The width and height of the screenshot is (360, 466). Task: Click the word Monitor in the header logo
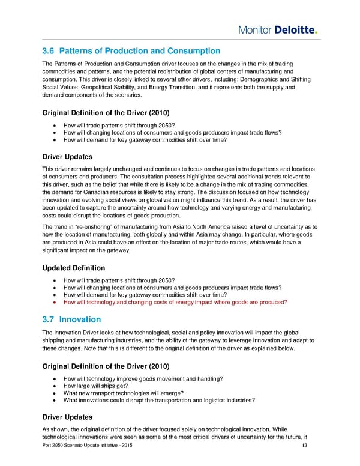pos(253,30)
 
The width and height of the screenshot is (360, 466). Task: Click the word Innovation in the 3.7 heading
pos(80,319)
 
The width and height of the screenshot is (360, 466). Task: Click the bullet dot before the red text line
pos(55,303)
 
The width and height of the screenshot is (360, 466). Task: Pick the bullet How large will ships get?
pos(95,386)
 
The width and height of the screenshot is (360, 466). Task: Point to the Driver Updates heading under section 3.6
pos(68,156)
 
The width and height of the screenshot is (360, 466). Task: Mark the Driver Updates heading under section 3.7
pos(68,416)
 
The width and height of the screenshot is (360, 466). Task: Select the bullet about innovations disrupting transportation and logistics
pos(159,400)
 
